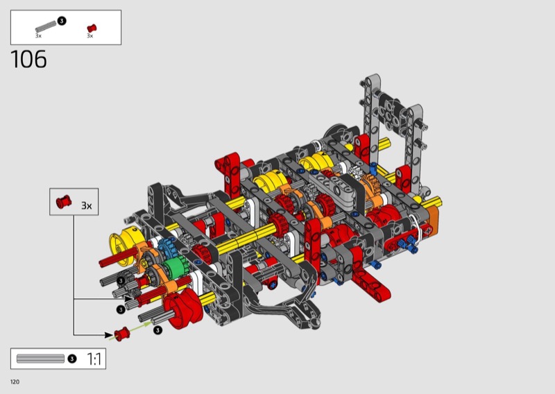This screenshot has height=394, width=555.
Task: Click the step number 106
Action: (x=28, y=59)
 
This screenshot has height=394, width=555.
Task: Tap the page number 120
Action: (x=15, y=382)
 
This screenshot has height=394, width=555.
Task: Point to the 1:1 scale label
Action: (x=94, y=359)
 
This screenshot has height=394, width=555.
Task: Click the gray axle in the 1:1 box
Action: (x=40, y=359)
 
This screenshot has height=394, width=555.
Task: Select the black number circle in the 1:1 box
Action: (x=72, y=359)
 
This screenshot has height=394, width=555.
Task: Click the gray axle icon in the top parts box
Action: (x=46, y=27)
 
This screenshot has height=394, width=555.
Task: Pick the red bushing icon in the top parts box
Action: (x=92, y=28)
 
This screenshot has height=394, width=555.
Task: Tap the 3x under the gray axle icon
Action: (x=38, y=36)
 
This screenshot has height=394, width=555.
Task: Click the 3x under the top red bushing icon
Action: (x=90, y=36)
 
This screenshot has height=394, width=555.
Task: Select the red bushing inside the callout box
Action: (x=64, y=201)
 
